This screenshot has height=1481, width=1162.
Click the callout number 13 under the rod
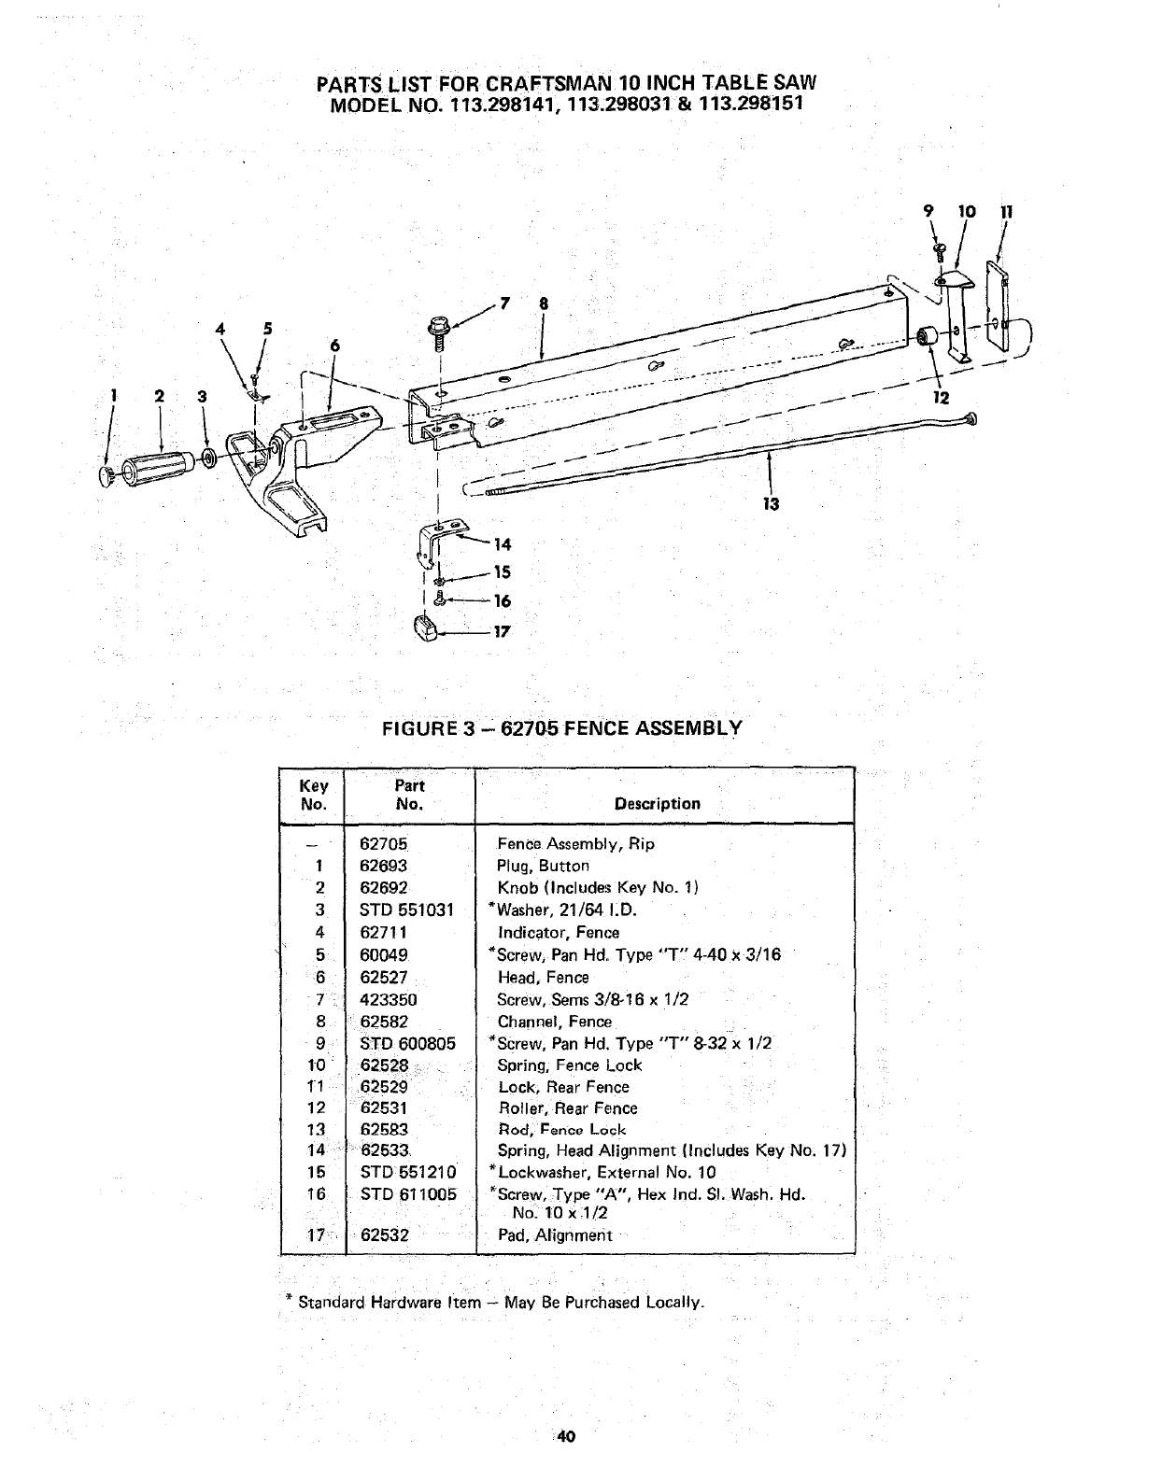(x=770, y=504)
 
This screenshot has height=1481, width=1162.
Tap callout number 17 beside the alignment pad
(x=502, y=631)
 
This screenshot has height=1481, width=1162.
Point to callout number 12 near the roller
(x=941, y=398)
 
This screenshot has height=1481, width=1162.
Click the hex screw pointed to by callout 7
(x=436, y=329)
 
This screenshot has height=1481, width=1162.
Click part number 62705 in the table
(x=384, y=843)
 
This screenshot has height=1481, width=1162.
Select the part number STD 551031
(x=406, y=910)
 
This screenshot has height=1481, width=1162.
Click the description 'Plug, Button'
(x=543, y=866)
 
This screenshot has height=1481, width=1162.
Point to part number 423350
(x=389, y=999)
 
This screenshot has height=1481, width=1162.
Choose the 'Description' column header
(x=657, y=803)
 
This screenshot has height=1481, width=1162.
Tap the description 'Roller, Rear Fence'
(x=567, y=1108)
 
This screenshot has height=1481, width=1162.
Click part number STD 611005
(x=408, y=1194)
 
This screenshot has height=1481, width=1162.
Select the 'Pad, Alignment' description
(x=554, y=1234)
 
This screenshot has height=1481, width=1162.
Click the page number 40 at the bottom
(x=563, y=1437)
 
